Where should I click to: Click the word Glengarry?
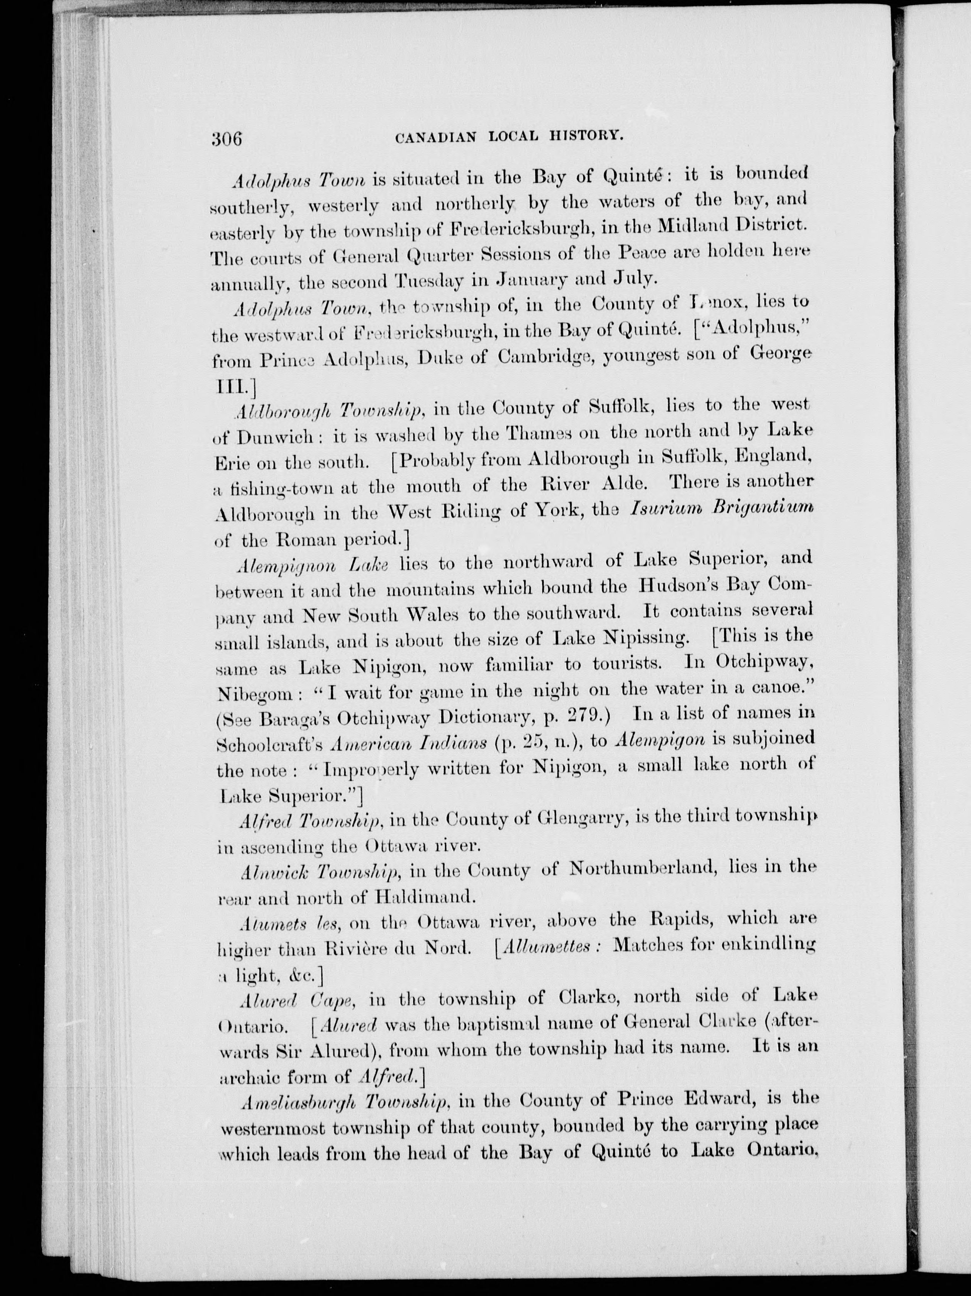[x=583, y=820]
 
